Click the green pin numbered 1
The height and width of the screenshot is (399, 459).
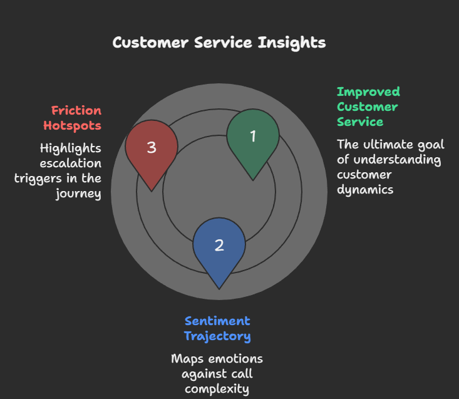[x=252, y=137]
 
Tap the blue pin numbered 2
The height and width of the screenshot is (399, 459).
[x=219, y=245]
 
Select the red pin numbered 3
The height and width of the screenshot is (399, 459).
[x=152, y=148]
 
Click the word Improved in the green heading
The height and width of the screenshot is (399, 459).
[x=368, y=91]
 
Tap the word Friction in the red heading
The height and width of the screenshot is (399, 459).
[x=76, y=111]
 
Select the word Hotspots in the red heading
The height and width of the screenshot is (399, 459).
[x=72, y=125]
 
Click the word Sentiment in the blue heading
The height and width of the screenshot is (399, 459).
[x=217, y=321]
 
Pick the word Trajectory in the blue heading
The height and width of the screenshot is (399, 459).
[x=217, y=336]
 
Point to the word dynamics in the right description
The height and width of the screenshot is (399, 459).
[x=365, y=189]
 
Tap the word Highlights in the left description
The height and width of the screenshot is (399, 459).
[x=70, y=148]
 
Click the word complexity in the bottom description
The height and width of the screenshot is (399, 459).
[x=217, y=389]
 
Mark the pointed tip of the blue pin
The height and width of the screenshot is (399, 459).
[x=219, y=288]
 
